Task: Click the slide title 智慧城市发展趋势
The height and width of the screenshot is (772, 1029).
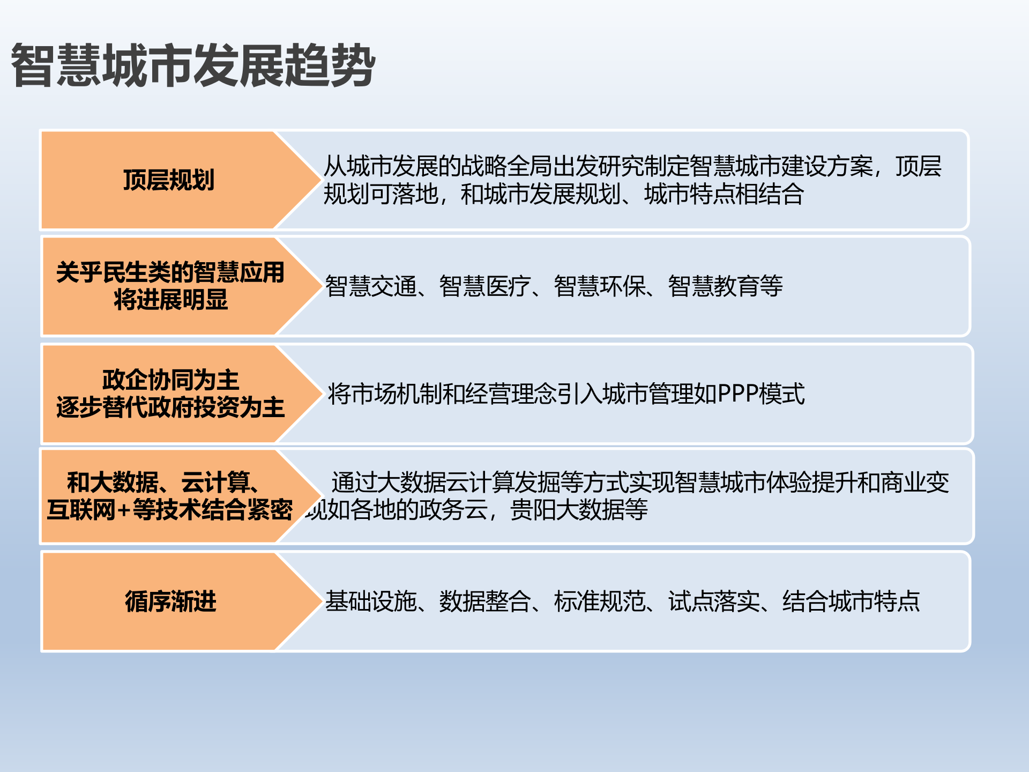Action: point(193,65)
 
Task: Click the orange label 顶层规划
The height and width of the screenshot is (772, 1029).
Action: point(169,180)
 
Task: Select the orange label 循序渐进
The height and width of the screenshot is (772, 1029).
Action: point(170,602)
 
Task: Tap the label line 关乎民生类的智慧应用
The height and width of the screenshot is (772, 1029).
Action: point(170,272)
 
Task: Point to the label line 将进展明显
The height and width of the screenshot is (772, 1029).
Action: point(170,300)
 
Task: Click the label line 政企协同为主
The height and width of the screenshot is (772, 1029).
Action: point(170,380)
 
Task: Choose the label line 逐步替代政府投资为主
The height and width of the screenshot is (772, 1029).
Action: point(170,407)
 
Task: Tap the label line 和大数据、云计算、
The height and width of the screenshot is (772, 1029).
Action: point(163,482)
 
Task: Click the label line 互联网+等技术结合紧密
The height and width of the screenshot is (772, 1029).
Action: point(169,510)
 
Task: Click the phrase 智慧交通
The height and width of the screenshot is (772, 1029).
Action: point(371,286)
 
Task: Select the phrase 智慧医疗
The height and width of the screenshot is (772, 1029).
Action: point(485,286)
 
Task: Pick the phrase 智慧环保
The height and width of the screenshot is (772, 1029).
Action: point(600,286)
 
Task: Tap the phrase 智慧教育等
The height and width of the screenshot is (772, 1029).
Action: point(725,286)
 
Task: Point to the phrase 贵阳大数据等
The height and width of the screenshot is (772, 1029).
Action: point(579,510)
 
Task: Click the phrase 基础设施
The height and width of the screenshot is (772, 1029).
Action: point(371,602)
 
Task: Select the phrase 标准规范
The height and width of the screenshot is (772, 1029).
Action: point(600,602)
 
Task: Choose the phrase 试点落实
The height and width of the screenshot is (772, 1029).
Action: point(714,602)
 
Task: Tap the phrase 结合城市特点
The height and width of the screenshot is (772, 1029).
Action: point(851,602)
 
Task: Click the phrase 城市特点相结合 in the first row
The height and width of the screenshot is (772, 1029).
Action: point(724,194)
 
